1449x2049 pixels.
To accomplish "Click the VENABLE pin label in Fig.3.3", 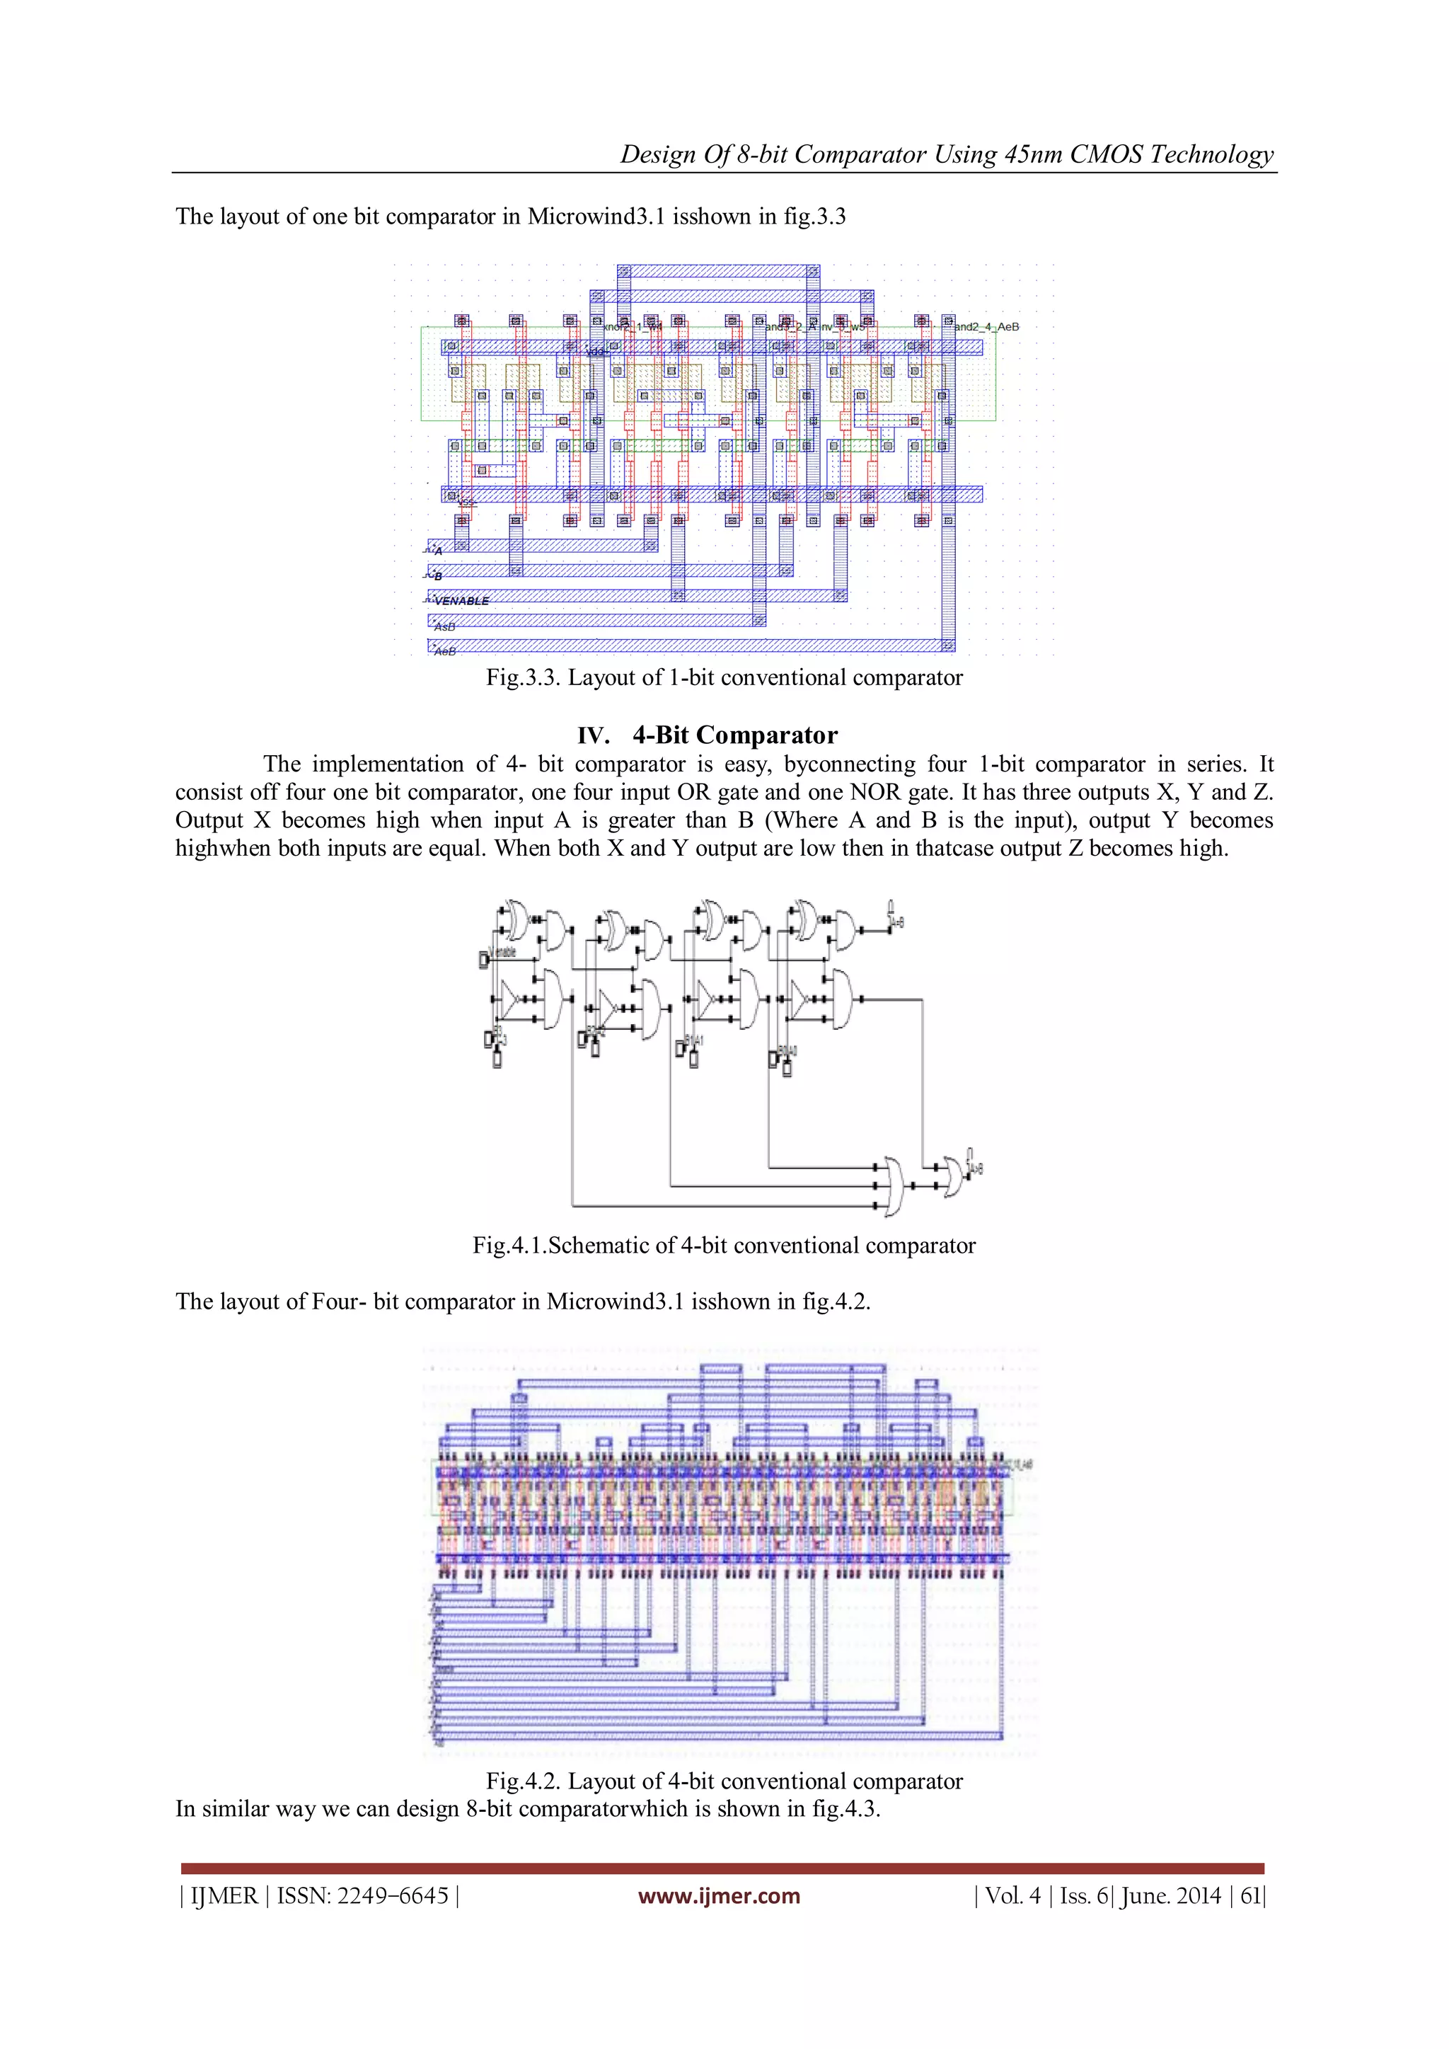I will [461, 601].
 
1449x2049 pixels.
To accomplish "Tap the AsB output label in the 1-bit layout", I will [444, 626].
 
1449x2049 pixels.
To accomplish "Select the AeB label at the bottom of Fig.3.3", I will [444, 651].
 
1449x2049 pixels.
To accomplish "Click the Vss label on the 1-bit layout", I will [466, 503].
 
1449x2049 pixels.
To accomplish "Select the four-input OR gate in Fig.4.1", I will [893, 1186].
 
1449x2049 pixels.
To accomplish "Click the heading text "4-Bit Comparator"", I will [734, 735].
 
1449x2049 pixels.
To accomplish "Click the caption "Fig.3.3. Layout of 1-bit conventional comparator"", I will [724, 677].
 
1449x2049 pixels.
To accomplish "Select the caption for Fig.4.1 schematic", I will [724, 1246].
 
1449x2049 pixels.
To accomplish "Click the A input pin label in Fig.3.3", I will [438, 551].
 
